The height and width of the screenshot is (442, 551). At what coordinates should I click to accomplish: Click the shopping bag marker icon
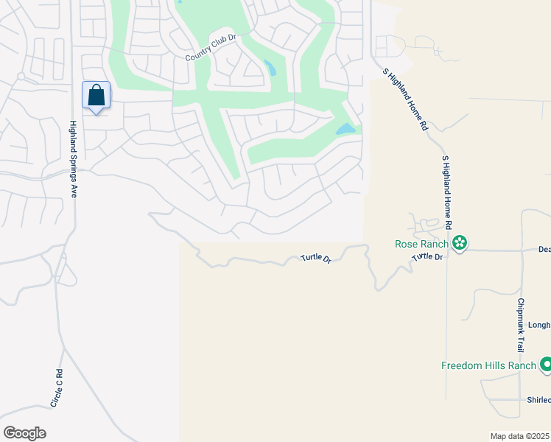click(96, 95)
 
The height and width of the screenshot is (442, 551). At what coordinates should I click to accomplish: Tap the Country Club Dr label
click(209, 47)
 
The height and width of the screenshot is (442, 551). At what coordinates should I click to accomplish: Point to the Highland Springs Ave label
click(74, 158)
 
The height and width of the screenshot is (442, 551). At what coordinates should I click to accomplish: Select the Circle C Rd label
click(57, 388)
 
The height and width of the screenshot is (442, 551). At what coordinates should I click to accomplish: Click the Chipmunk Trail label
click(520, 325)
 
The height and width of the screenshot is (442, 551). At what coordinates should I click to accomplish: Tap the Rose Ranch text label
click(422, 243)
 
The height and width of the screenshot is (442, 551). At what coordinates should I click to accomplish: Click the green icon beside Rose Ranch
click(460, 242)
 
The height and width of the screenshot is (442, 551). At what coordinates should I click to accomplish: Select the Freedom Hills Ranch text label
click(488, 365)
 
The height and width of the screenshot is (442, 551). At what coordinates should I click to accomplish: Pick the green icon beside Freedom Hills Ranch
click(546, 365)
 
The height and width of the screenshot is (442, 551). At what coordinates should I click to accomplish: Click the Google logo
click(24, 433)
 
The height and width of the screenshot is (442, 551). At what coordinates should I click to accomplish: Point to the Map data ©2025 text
click(520, 436)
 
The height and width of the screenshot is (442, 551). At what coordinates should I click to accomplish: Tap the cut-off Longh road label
click(539, 325)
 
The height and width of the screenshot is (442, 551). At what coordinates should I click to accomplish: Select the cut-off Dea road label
click(544, 250)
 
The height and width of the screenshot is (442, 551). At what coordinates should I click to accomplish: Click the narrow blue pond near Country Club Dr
click(270, 69)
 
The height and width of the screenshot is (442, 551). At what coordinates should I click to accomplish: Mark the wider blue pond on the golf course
click(345, 129)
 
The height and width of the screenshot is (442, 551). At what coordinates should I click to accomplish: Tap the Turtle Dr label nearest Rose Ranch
click(427, 256)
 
